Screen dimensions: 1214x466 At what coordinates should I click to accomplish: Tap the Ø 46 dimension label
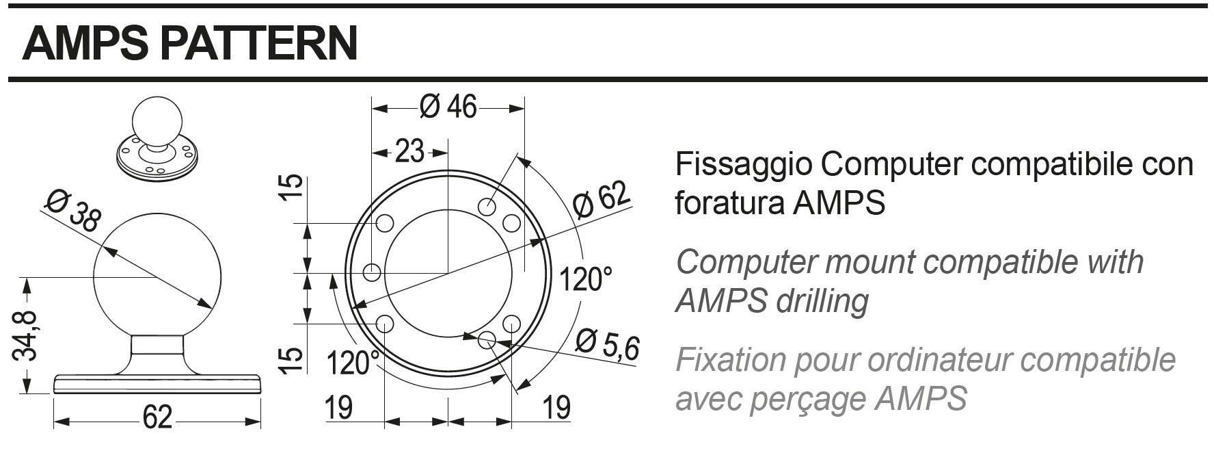click(448, 107)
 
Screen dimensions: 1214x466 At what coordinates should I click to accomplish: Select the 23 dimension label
click(409, 151)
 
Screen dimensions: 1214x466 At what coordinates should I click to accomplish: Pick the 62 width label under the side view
click(157, 416)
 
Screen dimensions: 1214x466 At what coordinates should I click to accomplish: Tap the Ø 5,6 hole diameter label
click(606, 346)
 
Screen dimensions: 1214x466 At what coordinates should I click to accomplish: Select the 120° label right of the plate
click(585, 279)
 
